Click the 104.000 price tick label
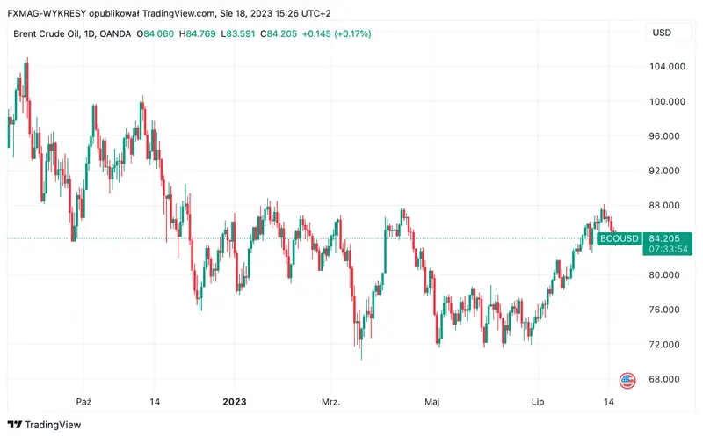pos(665,67)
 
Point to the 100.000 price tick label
pos(665,101)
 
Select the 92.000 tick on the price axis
pos(665,171)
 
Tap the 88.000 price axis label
pos(665,206)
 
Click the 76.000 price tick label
pos(665,310)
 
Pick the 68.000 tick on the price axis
pos(665,379)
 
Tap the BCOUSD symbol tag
pos(620,238)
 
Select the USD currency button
pos(661,33)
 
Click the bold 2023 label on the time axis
pos(235,402)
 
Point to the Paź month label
pos(84,402)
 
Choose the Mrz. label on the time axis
pos(331,402)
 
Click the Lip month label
pos(539,402)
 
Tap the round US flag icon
pos(627,381)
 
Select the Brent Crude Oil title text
pos(45,33)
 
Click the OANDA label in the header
pos(116,33)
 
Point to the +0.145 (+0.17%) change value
pos(337,33)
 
